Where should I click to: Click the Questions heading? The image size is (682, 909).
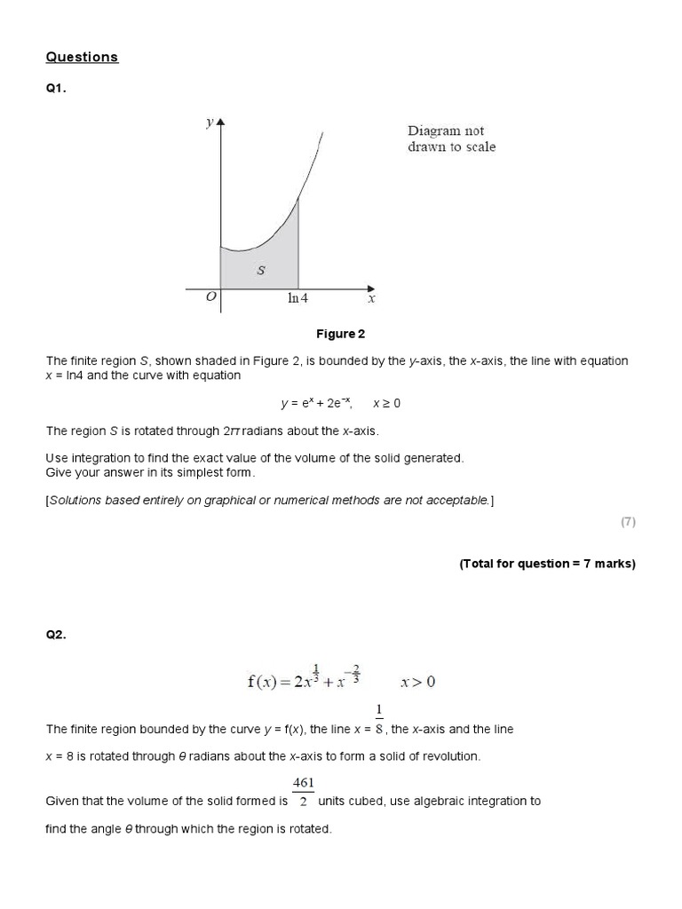82,57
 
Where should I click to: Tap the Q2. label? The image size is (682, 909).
56,635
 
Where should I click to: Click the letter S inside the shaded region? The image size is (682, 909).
260,271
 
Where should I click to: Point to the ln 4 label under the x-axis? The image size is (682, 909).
297,299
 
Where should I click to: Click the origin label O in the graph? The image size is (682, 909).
210,298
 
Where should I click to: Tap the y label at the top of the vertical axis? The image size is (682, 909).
209,123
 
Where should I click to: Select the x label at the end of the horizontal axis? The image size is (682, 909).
371,299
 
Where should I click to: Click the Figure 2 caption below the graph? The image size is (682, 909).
341,335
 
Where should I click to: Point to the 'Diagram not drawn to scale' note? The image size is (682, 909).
451,139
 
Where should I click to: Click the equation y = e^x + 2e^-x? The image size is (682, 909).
316,403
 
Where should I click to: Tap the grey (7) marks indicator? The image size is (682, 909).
628,522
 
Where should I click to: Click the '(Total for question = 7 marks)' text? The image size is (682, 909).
547,564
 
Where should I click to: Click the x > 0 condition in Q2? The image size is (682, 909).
417,682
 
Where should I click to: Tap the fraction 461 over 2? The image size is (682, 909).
303,792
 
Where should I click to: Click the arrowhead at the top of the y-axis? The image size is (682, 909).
220,120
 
